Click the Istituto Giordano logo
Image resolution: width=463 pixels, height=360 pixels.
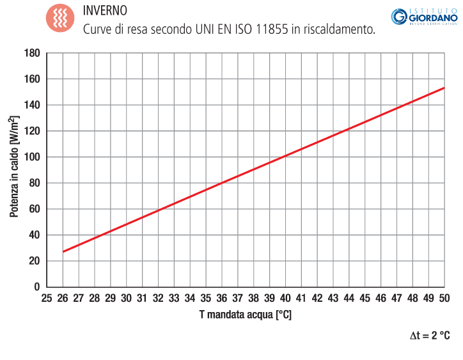tap(423, 17)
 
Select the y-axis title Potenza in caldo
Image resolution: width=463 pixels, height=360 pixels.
tap(14, 167)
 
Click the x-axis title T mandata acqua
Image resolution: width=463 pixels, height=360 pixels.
tap(245, 315)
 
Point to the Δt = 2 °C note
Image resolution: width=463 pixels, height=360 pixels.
tap(430, 336)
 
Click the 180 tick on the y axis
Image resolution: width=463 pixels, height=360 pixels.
tap(31, 53)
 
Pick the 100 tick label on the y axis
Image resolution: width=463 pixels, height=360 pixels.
tap(31, 157)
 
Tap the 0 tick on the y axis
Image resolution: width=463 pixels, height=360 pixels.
tap(36, 286)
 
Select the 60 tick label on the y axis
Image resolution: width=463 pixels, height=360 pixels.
tap(34, 208)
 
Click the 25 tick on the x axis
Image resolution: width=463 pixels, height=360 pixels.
tap(47, 298)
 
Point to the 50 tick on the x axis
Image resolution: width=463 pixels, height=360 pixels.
tap(444, 298)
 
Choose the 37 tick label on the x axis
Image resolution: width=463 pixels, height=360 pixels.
tap(237, 298)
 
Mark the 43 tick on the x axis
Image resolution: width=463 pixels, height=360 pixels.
tap(333, 298)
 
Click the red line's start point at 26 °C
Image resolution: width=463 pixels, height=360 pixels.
tap(63, 252)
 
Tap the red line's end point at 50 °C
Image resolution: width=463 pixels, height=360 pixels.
tap(444, 88)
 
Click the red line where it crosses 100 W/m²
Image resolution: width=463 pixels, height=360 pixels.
tap(285, 157)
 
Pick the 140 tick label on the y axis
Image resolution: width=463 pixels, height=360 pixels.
tap(31, 105)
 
